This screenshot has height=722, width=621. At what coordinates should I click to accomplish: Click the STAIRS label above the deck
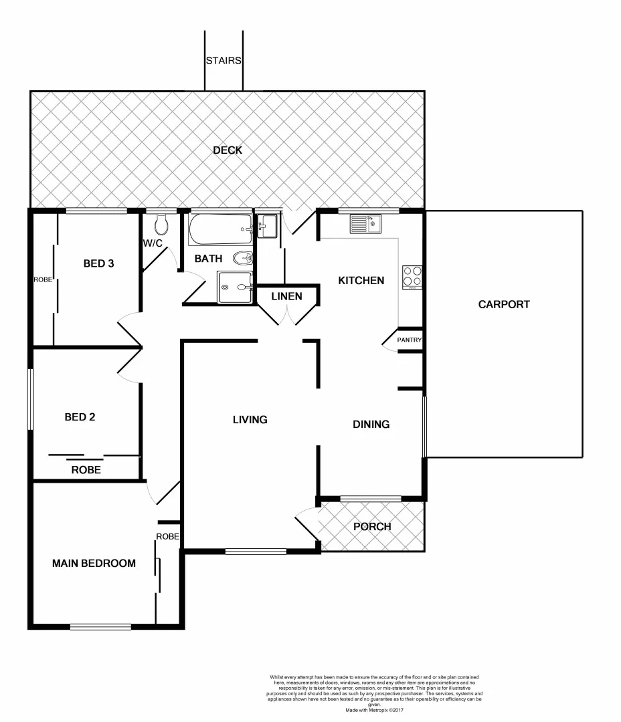click(x=223, y=61)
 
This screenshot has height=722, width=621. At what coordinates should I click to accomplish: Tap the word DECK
click(x=228, y=150)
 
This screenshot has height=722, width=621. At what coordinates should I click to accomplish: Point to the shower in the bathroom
click(x=234, y=287)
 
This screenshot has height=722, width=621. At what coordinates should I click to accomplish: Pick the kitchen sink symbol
click(x=364, y=224)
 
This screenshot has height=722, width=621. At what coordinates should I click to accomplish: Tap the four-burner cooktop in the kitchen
click(x=412, y=277)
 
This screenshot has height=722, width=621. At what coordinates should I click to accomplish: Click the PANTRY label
click(x=410, y=340)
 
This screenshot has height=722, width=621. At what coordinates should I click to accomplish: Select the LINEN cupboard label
click(x=286, y=296)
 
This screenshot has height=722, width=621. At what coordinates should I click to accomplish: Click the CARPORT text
click(x=504, y=304)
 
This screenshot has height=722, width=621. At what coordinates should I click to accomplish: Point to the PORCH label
click(x=372, y=527)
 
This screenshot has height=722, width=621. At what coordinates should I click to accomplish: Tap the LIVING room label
click(x=250, y=420)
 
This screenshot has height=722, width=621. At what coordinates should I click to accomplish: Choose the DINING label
click(x=371, y=425)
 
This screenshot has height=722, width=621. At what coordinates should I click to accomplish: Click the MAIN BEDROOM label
click(x=94, y=564)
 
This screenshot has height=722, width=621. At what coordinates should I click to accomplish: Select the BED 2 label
click(x=80, y=417)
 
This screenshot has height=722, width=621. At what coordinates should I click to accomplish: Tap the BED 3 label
click(x=98, y=263)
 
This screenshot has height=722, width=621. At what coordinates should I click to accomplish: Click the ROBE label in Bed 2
click(x=86, y=470)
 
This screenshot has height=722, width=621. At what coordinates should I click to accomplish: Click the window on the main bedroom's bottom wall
click(x=100, y=626)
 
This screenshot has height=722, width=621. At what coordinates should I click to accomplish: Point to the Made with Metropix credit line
click(x=374, y=710)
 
